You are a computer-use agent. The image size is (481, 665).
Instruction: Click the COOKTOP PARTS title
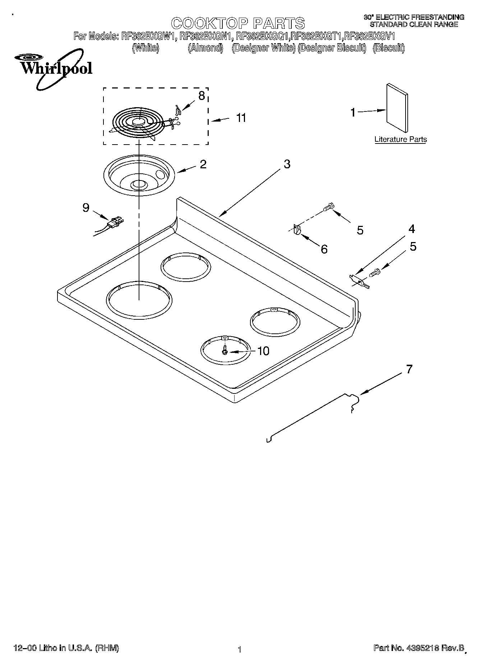(238, 23)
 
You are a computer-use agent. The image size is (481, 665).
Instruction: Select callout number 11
(241, 118)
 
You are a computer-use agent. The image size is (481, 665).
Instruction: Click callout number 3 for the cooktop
(287, 164)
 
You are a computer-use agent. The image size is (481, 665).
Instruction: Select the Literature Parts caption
(401, 140)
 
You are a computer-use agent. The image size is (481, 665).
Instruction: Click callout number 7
(409, 369)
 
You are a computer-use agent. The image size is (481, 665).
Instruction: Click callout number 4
(411, 229)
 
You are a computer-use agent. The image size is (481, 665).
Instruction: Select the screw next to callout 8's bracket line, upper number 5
(328, 207)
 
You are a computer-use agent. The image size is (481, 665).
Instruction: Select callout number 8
(202, 96)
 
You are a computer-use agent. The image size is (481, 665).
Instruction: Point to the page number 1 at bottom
(239, 650)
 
